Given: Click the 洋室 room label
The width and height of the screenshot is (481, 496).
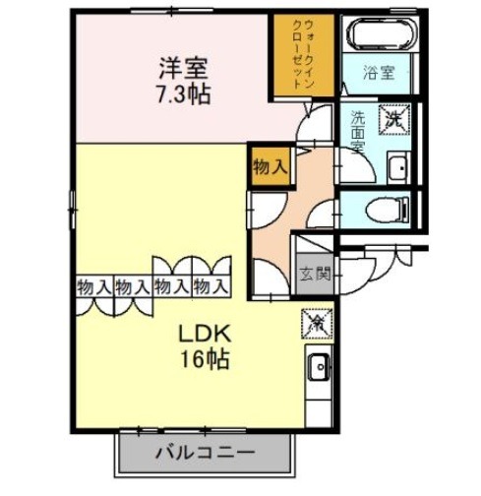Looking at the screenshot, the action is [x=183, y=68].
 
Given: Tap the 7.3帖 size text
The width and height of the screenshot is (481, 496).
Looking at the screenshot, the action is [x=184, y=94].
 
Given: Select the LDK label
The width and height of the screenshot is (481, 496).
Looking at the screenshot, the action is [x=205, y=335].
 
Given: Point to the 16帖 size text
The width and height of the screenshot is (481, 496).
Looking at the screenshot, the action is [x=205, y=359].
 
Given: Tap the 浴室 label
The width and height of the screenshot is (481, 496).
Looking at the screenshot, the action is [x=379, y=73].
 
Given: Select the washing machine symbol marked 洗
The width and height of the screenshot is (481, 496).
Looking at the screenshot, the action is [x=394, y=119].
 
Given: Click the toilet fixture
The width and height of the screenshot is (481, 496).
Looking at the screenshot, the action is [x=388, y=209].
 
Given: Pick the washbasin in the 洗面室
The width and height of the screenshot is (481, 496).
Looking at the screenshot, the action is [x=398, y=167].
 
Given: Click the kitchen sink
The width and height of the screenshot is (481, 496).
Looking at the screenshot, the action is [x=319, y=366].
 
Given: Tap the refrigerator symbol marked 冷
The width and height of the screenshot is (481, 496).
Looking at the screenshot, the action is [x=317, y=324].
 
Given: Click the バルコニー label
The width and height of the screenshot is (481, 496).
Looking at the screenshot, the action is [x=205, y=453].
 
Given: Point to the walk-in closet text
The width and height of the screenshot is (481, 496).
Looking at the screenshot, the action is [x=304, y=55].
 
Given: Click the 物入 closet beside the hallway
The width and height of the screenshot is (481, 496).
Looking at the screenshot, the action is [x=271, y=167].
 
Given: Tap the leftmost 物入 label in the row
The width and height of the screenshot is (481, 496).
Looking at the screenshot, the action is [x=94, y=287].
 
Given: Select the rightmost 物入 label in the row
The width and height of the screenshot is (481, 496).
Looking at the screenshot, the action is [x=210, y=287].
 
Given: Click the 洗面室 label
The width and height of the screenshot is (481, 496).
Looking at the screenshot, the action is [x=357, y=132].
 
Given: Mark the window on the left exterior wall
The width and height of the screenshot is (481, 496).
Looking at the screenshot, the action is [x=73, y=210].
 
